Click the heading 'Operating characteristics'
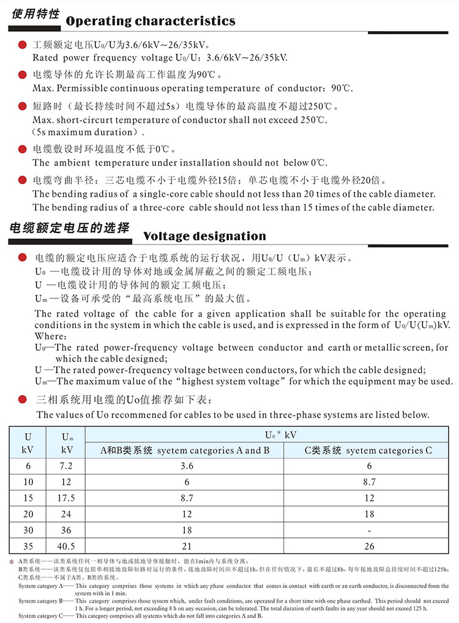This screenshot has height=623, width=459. pyautogui.click(x=150, y=21)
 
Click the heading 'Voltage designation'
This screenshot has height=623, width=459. pyautogui.click(x=204, y=236)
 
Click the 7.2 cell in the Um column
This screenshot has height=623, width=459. pyautogui.click(x=67, y=466)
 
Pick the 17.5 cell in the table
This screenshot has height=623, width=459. pyautogui.click(x=67, y=498)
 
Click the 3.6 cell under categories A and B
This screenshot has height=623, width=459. pyautogui.click(x=187, y=466)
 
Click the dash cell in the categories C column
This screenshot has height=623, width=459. pyautogui.click(x=369, y=531)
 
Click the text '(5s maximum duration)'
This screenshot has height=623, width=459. pyautogui.click(x=89, y=132)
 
